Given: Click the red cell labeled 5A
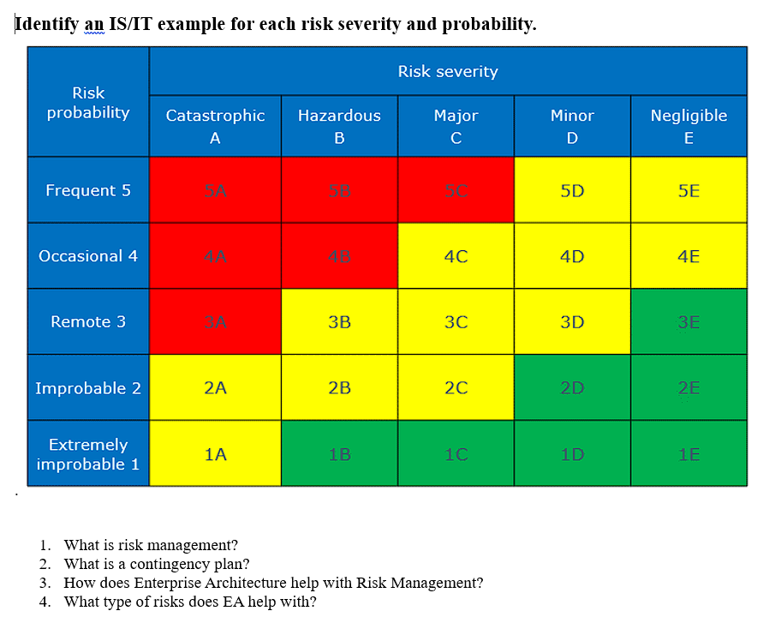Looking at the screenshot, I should [x=215, y=190].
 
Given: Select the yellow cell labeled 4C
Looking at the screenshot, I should [x=456, y=256].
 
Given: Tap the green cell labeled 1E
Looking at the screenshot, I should [x=689, y=454].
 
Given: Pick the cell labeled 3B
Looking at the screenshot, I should [x=339, y=322].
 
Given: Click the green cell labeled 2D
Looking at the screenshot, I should [x=572, y=388].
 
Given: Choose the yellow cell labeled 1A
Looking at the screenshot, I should [x=215, y=454].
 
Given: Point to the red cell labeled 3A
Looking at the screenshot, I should [x=215, y=322].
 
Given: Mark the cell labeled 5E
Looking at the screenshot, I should [x=689, y=190].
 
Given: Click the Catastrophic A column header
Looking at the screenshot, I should [x=215, y=126].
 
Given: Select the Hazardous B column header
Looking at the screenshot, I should [x=339, y=126].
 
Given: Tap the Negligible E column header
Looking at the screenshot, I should [x=689, y=126].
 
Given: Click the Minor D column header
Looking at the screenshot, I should [x=572, y=126].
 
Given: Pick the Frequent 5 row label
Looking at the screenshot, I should [x=88, y=190].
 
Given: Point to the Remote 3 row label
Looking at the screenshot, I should [x=88, y=322].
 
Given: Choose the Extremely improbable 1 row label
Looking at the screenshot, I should [x=88, y=454].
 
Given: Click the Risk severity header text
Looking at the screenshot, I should [x=448, y=72].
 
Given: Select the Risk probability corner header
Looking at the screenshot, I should [x=88, y=103].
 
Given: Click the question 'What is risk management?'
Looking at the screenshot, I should [x=151, y=545].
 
